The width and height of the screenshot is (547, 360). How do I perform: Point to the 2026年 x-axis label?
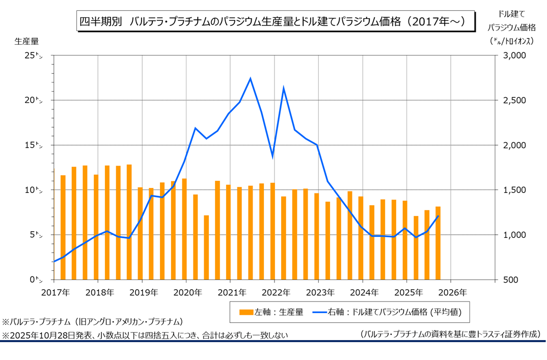451,293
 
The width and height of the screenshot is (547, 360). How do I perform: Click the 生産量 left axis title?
26,41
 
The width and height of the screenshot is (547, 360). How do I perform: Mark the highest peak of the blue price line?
251,78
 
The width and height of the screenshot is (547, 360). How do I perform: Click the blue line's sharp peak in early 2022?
284,88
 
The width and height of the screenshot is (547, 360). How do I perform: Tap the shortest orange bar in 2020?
206,247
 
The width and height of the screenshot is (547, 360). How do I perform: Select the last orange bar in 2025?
438,243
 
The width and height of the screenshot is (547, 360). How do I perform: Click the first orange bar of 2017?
63,227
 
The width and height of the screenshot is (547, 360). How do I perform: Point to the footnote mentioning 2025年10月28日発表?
145,335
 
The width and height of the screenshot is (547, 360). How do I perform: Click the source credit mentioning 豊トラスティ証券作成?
450,334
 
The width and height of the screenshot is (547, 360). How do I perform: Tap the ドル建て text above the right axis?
511,15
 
